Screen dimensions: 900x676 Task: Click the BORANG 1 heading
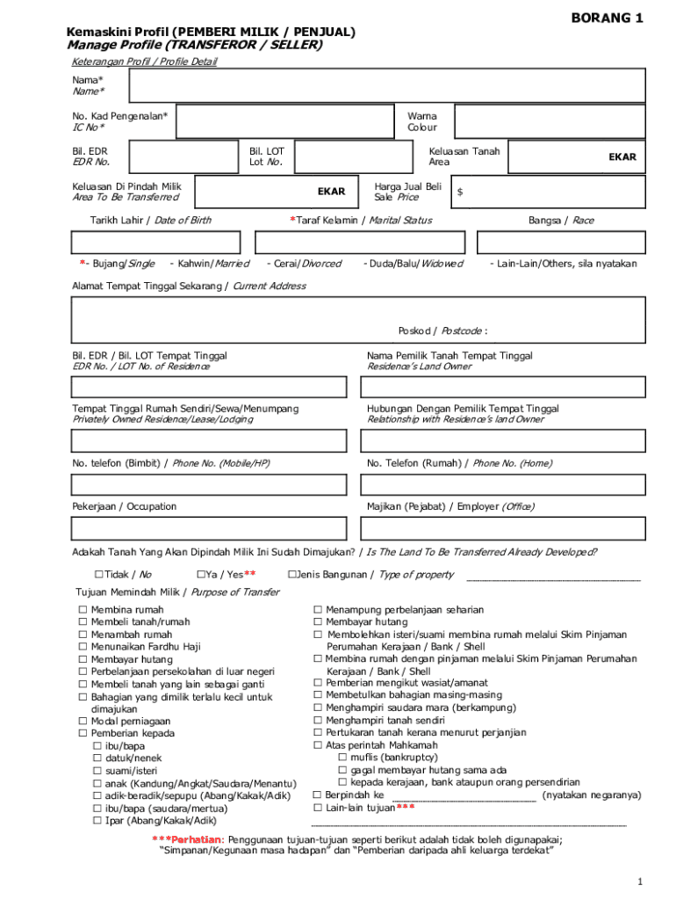point(608,18)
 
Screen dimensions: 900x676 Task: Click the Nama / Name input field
point(386,86)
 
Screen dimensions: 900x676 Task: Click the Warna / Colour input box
point(550,121)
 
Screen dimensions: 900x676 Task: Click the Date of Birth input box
point(155,243)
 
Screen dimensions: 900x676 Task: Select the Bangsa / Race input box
point(561,243)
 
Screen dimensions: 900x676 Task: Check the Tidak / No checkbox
point(98,575)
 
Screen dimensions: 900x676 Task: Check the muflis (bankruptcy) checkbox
point(342,757)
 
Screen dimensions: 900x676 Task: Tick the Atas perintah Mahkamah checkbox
point(318,744)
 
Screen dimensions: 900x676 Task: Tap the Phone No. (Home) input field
point(505,485)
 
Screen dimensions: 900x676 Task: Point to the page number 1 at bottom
point(642,882)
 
